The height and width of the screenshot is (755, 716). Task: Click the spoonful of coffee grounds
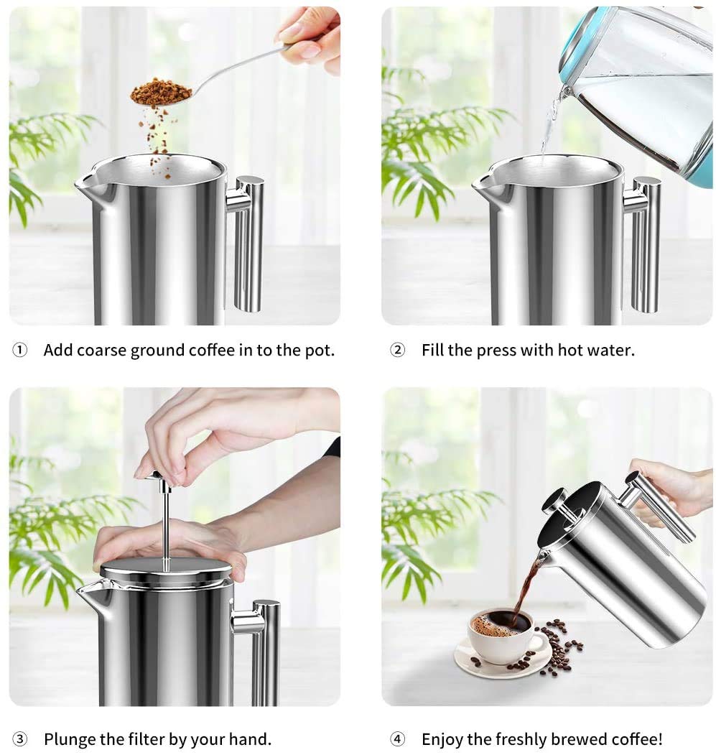pyautogui.click(x=162, y=92)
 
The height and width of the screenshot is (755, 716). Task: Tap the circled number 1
pyautogui.click(x=20, y=351)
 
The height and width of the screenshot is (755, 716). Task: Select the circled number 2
pyautogui.click(x=397, y=351)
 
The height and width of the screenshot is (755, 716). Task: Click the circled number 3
pyautogui.click(x=20, y=738)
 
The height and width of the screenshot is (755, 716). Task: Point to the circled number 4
pyautogui.click(x=397, y=738)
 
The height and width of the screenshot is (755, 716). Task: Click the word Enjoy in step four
pyautogui.click(x=442, y=738)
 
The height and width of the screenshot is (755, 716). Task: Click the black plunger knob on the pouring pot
pyautogui.click(x=554, y=499)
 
